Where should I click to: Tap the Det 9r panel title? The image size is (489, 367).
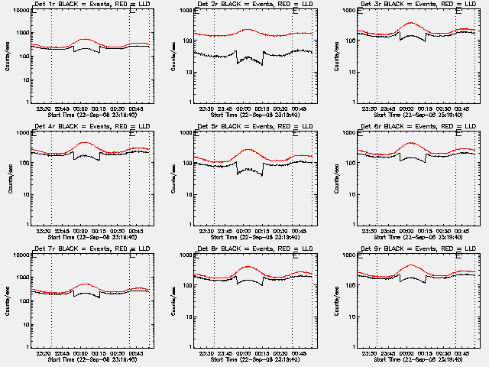418,249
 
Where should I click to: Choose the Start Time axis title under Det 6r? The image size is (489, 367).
417,238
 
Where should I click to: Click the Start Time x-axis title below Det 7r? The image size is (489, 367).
92,359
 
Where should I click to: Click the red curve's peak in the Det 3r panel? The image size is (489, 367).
411,23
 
